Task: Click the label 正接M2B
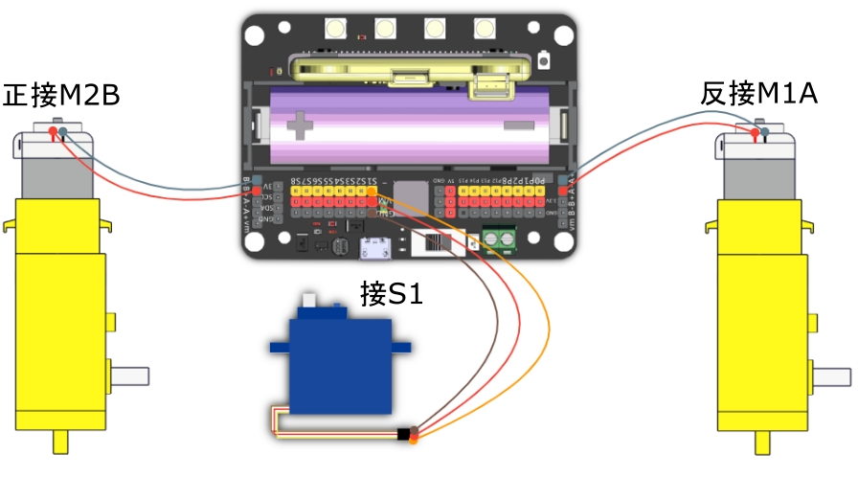tap(62, 96)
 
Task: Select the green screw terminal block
tap(501, 238)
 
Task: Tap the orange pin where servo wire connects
tap(372, 191)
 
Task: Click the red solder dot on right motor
tap(756, 133)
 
